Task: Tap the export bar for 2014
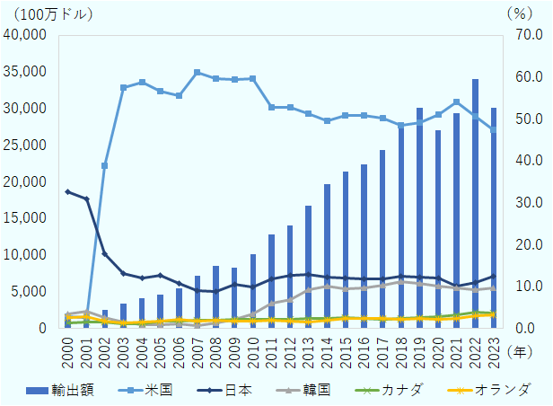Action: [x=327, y=255]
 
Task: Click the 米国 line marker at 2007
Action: [x=197, y=72]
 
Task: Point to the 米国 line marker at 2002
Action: [x=104, y=165]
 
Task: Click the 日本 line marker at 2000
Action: [x=67, y=191]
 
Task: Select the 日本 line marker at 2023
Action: [x=494, y=276]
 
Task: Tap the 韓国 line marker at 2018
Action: [x=400, y=281]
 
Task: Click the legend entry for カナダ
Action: [x=395, y=390]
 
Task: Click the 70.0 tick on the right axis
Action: [x=525, y=35]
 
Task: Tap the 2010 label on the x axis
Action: [x=253, y=346]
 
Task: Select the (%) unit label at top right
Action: [x=519, y=14]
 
